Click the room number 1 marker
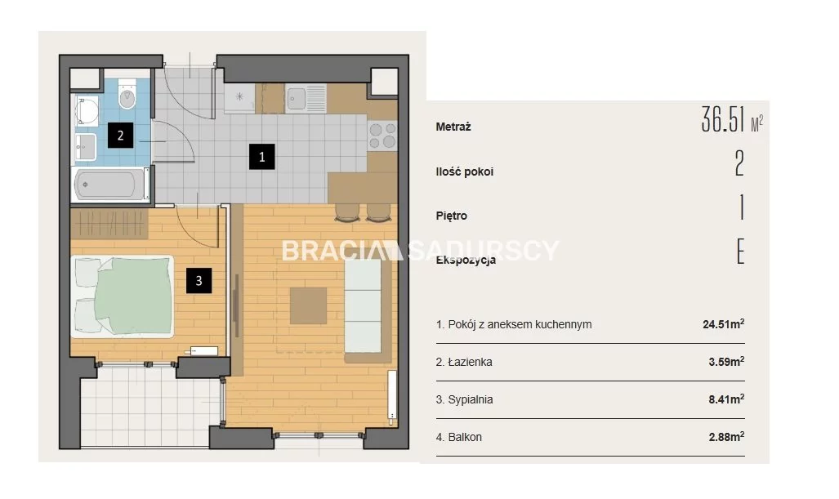pyautogui.click(x=261, y=157)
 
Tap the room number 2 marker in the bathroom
pyautogui.click(x=120, y=136)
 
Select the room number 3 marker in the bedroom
pyautogui.click(x=199, y=281)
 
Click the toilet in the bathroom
pyautogui.click(x=127, y=95)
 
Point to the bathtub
pyautogui.click(x=111, y=185)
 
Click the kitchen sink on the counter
pyautogui.click(x=306, y=98)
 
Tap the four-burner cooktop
pyautogui.click(x=382, y=136)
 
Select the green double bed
pyautogui.click(x=123, y=296)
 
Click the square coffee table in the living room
pyautogui.click(x=308, y=306)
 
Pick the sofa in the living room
pyautogui.click(x=368, y=310)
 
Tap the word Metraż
pyautogui.click(x=453, y=127)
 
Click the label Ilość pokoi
pyautogui.click(x=465, y=172)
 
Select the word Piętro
pyautogui.click(x=452, y=216)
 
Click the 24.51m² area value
pyautogui.click(x=724, y=323)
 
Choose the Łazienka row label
pyautogui.click(x=464, y=362)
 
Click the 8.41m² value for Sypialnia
pyautogui.click(x=726, y=399)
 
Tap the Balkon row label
pyautogui.click(x=458, y=437)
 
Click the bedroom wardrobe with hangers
pyautogui.click(x=109, y=224)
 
